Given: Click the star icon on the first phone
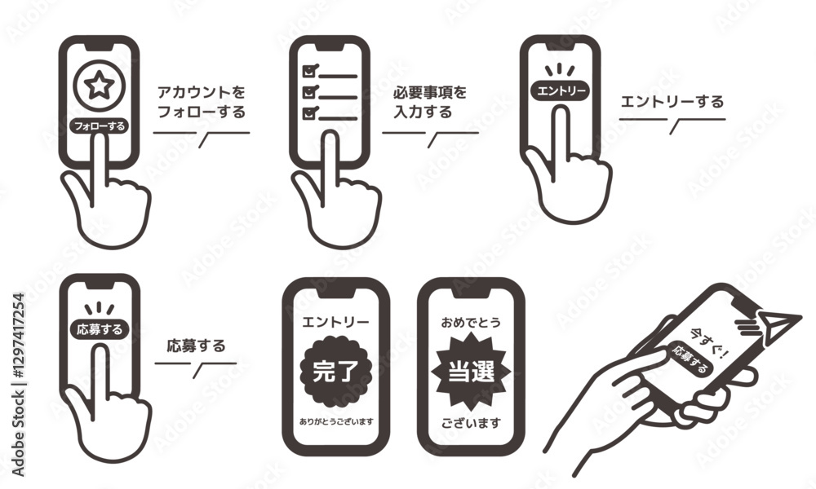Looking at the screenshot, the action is point(99,86).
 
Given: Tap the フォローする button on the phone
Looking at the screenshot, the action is point(99,126).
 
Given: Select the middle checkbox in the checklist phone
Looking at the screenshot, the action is point(310,91).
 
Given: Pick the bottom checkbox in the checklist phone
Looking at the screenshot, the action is point(310,112).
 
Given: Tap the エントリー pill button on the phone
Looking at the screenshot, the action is point(561,91).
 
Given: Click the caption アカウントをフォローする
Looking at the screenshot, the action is point(201,102).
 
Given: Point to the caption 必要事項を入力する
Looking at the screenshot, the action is point(430,102).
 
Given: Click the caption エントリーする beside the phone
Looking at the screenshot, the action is point(672,101).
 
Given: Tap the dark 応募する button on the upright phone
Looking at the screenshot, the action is point(99,329).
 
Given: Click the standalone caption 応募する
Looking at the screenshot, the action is point(196,346).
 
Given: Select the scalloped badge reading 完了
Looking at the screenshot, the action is point(335,372).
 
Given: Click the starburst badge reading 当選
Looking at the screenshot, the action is point(471,372).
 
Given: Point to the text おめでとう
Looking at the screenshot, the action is point(471,323).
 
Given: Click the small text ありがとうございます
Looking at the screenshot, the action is point(336,421).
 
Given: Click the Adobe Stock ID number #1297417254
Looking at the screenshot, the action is point(18,337).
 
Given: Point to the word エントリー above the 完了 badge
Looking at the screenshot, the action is point(335,322).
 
